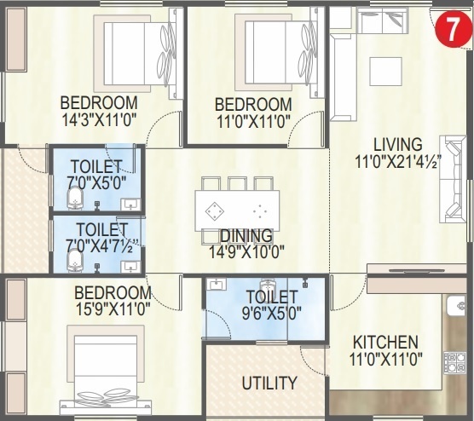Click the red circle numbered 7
pos(450,32)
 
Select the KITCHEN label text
pos(385,342)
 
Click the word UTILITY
pos(269,383)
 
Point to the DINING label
pos(246,235)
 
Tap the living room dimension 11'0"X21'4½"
pos(398,160)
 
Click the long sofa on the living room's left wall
pos(340,85)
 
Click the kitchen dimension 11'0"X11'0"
pos(385,360)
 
